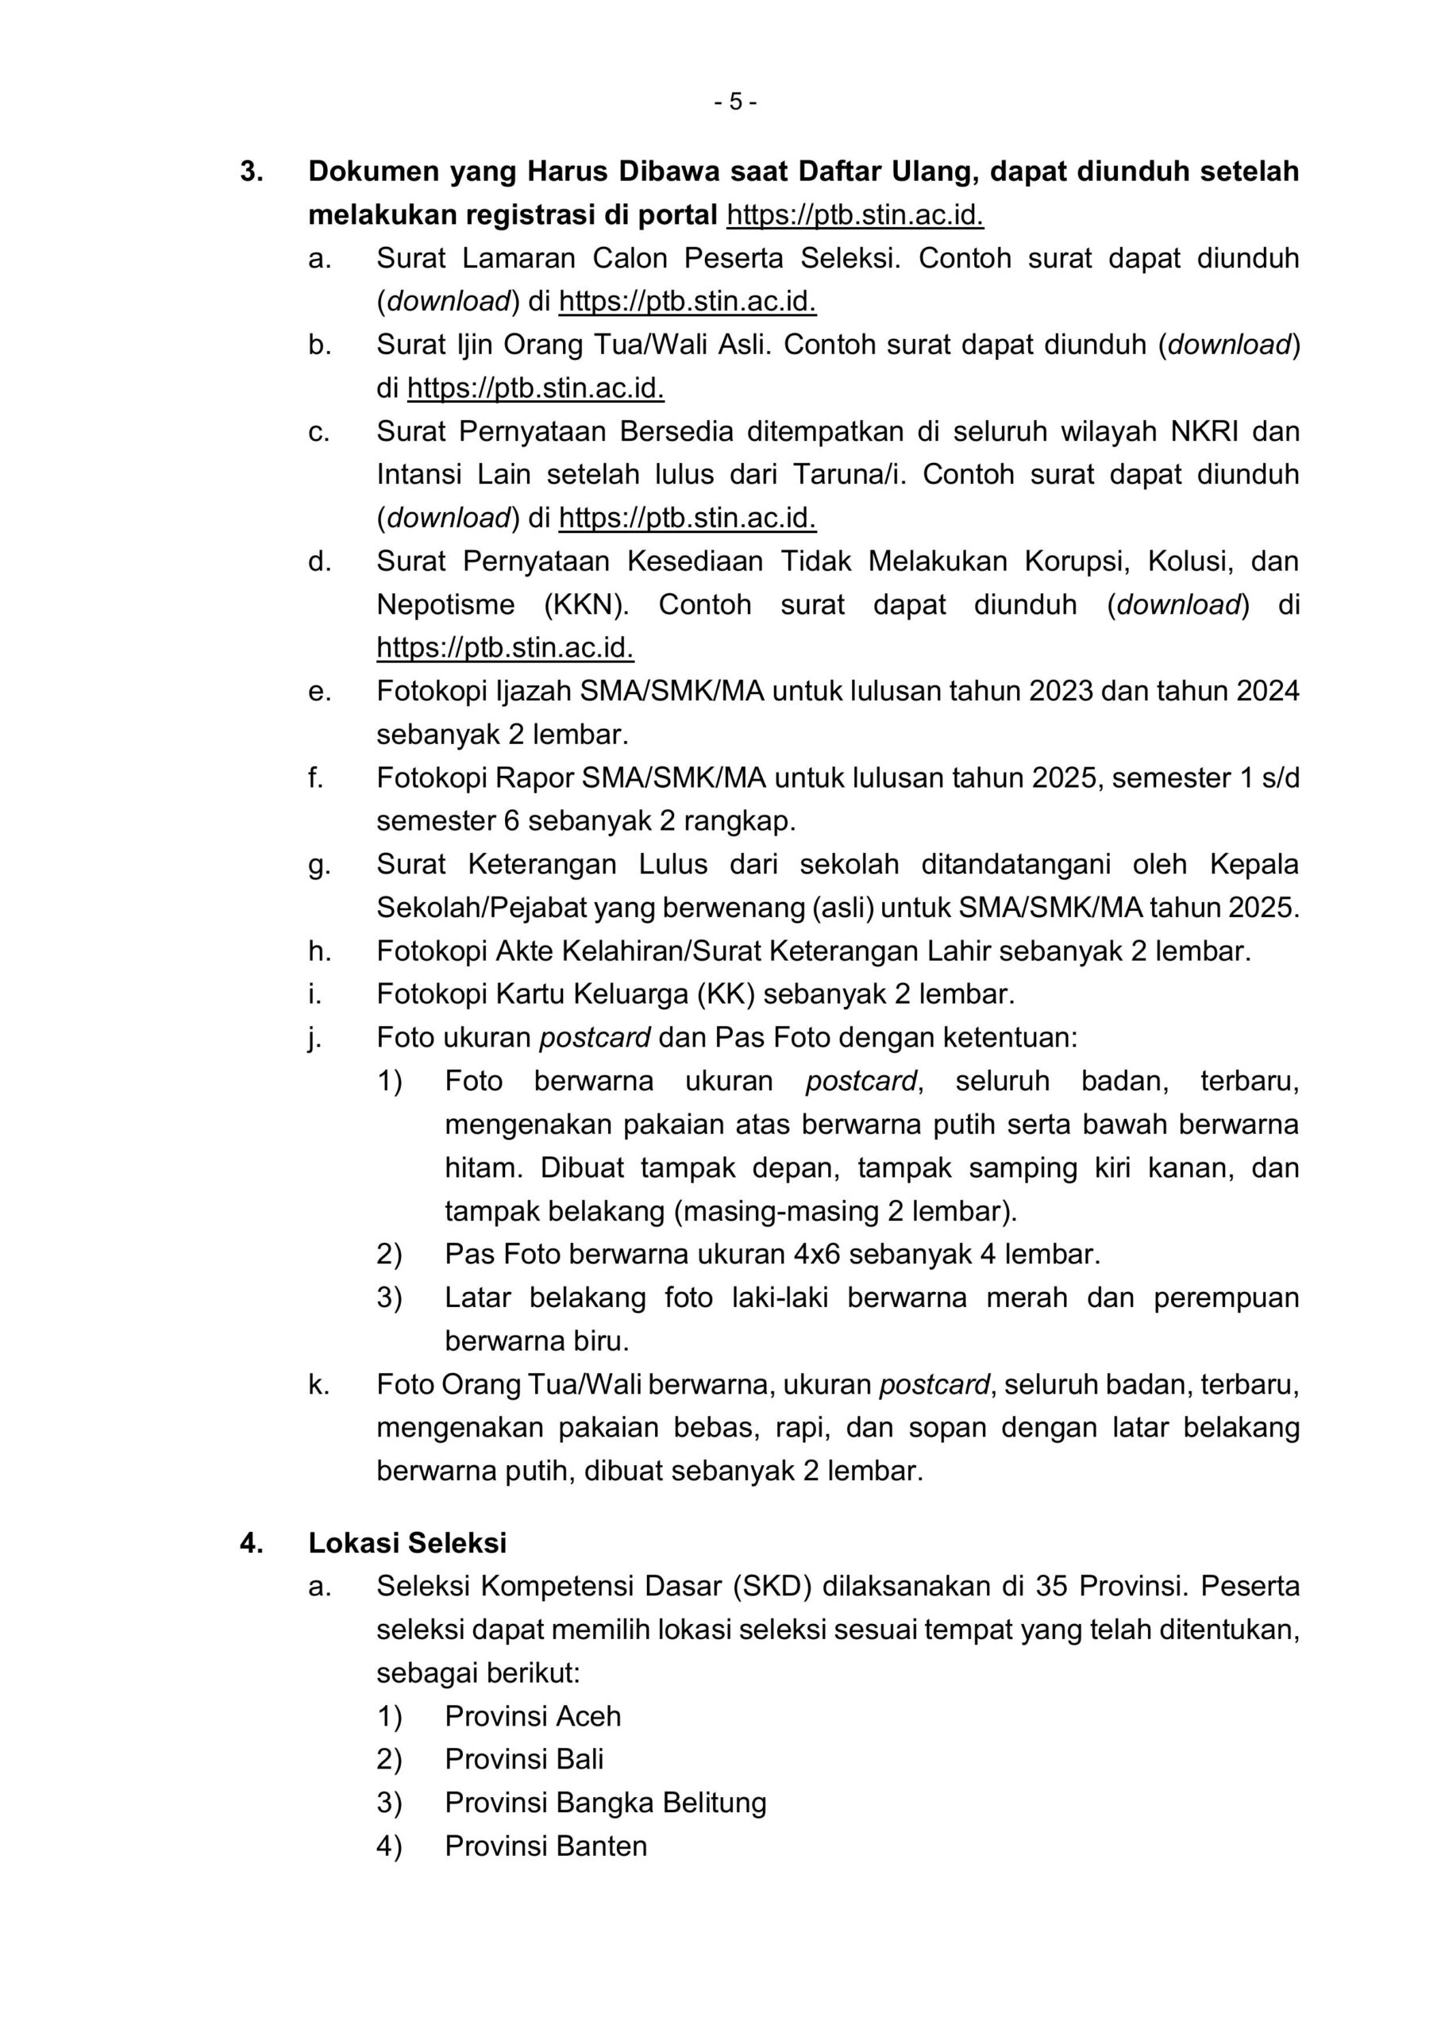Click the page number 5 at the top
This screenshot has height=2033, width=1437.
pos(735,102)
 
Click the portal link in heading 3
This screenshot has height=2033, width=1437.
pos(854,214)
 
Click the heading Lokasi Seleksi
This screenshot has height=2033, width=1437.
pos(407,1542)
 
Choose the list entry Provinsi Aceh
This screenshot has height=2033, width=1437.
pos(532,1716)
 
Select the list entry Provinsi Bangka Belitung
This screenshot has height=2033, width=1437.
pos(605,1803)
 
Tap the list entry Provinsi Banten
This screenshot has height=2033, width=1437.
pos(545,1846)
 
